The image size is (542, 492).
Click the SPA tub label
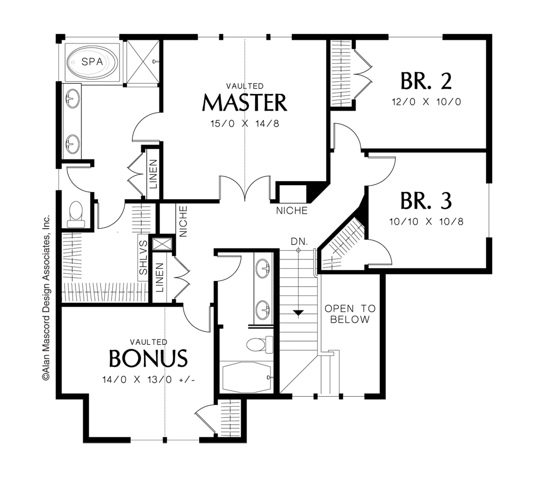click(92, 62)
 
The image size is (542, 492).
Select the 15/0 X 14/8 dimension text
click(245, 124)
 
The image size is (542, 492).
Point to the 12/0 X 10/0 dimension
click(426, 102)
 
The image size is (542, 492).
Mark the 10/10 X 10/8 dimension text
click(426, 222)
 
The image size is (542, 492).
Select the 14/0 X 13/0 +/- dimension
click(148, 380)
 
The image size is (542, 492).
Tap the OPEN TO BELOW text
click(350, 314)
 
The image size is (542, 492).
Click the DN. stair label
click(299, 241)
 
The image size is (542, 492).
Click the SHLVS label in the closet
click(143, 257)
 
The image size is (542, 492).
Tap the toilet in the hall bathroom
click(260, 345)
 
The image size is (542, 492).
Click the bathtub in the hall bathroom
click(246, 377)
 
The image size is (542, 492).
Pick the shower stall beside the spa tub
click(143, 62)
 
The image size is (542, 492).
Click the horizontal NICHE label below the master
click(292, 211)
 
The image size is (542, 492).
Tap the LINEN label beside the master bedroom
click(153, 174)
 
